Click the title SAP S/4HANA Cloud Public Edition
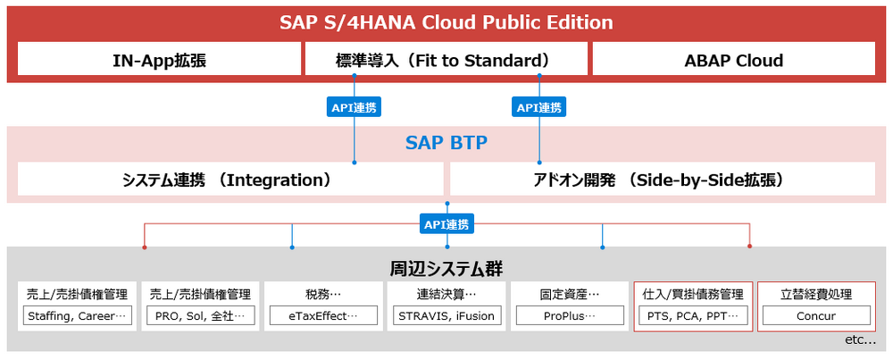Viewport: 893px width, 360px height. point(446,23)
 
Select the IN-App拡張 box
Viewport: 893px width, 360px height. point(160,59)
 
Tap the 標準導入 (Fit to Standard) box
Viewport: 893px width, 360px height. point(446,59)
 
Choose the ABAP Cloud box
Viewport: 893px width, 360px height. point(733,59)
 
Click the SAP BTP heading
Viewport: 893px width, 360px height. point(446,143)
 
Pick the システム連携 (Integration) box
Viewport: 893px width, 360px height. point(230,180)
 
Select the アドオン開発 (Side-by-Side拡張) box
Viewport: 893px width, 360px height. point(663,180)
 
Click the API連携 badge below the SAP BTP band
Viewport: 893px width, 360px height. point(446,225)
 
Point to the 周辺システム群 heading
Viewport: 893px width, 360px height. point(446,267)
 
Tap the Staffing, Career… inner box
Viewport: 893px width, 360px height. point(77,315)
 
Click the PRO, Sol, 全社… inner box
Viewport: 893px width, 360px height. point(200,315)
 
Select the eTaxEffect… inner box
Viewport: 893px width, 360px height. point(323,315)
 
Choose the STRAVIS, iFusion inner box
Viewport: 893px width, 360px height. point(446,315)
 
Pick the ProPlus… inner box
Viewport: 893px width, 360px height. point(570,315)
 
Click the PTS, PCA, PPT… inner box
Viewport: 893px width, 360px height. point(693,315)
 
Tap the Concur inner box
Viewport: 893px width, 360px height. point(816,315)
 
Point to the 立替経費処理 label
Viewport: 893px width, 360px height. point(816,295)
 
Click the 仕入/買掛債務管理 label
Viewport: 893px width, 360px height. point(693,295)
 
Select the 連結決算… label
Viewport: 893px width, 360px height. point(446,295)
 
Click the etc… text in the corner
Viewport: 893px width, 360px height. point(861,340)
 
